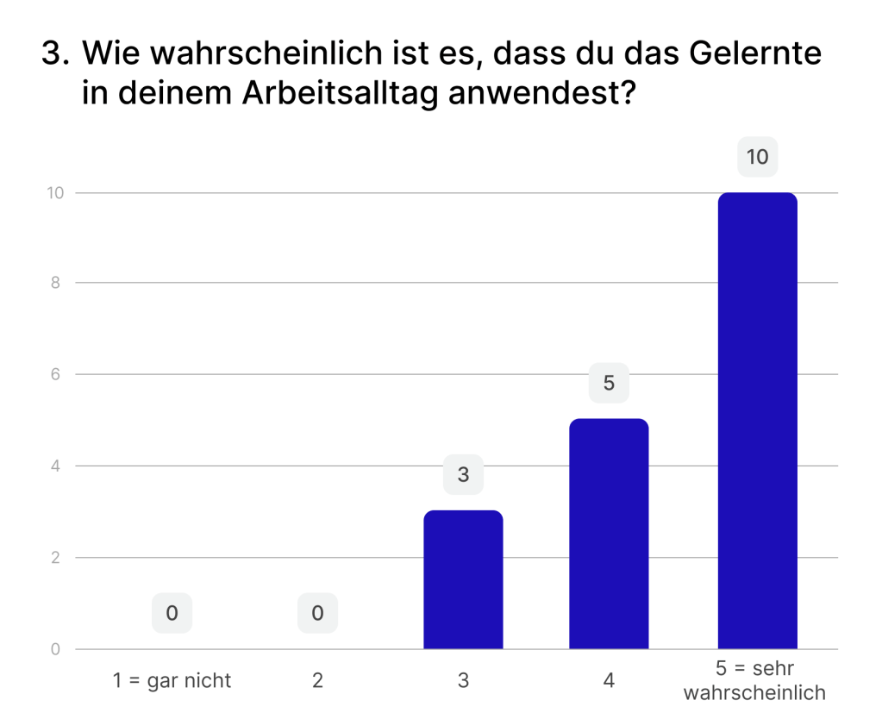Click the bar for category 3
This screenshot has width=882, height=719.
(x=463, y=579)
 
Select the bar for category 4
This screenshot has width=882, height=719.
(x=609, y=534)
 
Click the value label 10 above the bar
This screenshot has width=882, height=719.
(x=757, y=158)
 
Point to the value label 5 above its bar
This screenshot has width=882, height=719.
(x=609, y=383)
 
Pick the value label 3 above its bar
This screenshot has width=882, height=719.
(x=463, y=474)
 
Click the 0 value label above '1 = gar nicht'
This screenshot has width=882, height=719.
(x=172, y=613)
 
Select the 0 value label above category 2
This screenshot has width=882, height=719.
(x=317, y=613)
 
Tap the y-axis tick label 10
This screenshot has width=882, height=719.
(x=55, y=192)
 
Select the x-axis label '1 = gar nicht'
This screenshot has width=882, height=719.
(x=172, y=680)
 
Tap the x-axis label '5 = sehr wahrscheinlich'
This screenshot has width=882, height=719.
(x=754, y=680)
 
